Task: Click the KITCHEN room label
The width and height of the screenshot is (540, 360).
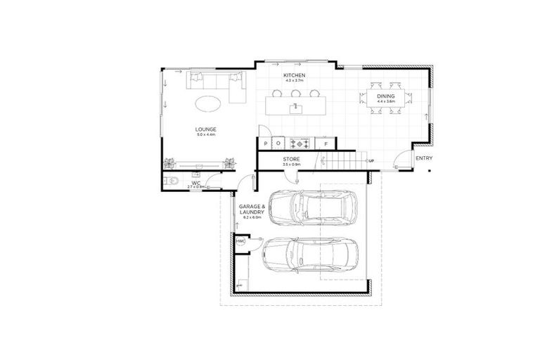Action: [x=293, y=75]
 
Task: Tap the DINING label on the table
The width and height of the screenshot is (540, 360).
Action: [x=386, y=96]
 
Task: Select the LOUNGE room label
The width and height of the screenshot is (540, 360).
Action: [x=206, y=129]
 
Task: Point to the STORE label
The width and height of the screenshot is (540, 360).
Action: [x=291, y=160]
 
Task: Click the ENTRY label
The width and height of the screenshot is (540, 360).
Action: [x=423, y=158]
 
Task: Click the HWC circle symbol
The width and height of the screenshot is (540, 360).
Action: [x=240, y=240]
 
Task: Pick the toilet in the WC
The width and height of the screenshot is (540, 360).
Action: [x=169, y=182]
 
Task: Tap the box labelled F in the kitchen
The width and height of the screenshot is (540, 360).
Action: [x=326, y=143]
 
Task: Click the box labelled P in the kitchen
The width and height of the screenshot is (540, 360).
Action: [x=266, y=143]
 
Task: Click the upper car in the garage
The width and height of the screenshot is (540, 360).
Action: [x=313, y=205]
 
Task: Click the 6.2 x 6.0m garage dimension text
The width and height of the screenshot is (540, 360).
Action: [x=252, y=218]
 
